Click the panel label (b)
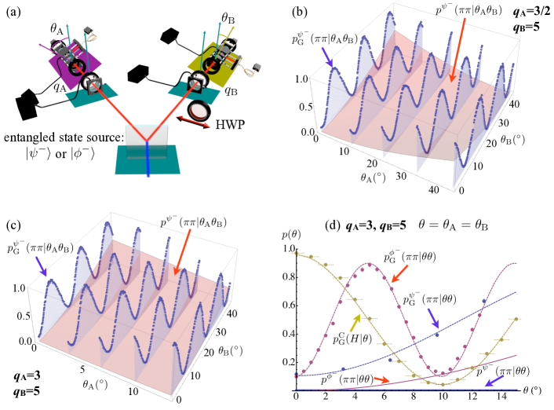coord(323,12)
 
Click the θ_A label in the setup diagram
coord(57,28)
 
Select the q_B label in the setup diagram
coord(231,91)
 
